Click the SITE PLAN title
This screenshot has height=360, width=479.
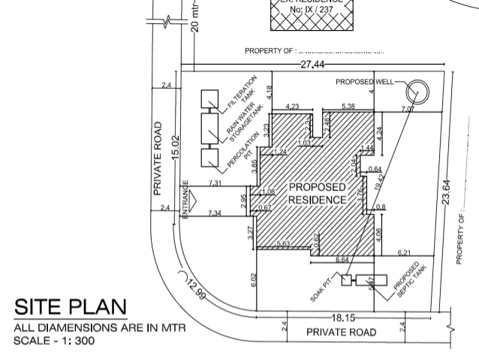pos(71,307)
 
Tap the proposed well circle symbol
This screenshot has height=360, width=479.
pos(415,92)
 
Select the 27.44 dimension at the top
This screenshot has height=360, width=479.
pos(314,65)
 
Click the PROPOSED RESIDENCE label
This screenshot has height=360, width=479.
pos(318,193)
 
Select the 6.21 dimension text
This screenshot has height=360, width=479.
pos(403,253)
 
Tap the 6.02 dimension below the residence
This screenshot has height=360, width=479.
pos(254,280)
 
